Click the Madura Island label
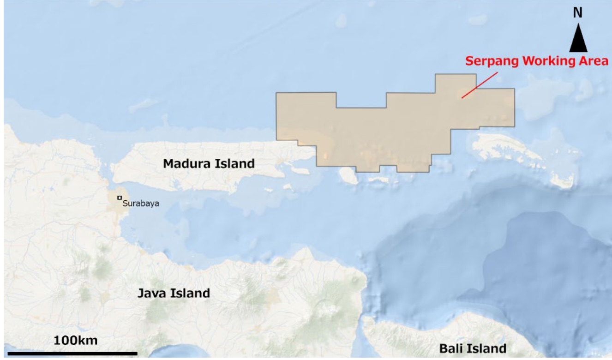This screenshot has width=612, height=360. pyautogui.click(x=209, y=163)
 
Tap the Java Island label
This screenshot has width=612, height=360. pyautogui.click(x=174, y=293)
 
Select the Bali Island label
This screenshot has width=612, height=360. pyautogui.click(x=472, y=348)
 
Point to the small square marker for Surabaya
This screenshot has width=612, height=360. pyautogui.click(x=120, y=198)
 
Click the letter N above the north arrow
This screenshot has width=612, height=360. pyautogui.click(x=578, y=13)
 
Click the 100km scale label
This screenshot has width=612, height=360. pyautogui.click(x=76, y=341)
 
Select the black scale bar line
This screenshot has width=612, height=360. pyautogui.click(x=72, y=354)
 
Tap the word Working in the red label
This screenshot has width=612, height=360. pyautogui.click(x=542, y=61)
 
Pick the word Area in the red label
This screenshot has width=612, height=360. pyautogui.click(x=593, y=61)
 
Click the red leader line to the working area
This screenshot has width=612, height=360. pyautogui.click(x=480, y=84)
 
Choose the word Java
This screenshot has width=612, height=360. pyautogui.click(x=153, y=293)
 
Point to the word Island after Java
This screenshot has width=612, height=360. pyautogui.click(x=191, y=293)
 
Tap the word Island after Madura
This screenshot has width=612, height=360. pyautogui.click(x=234, y=163)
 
